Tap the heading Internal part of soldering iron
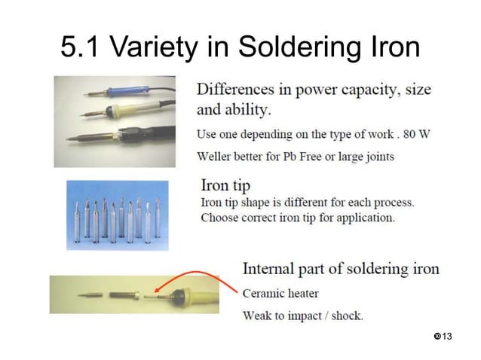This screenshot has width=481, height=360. (341, 269)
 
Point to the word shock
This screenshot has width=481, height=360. (343, 315)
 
